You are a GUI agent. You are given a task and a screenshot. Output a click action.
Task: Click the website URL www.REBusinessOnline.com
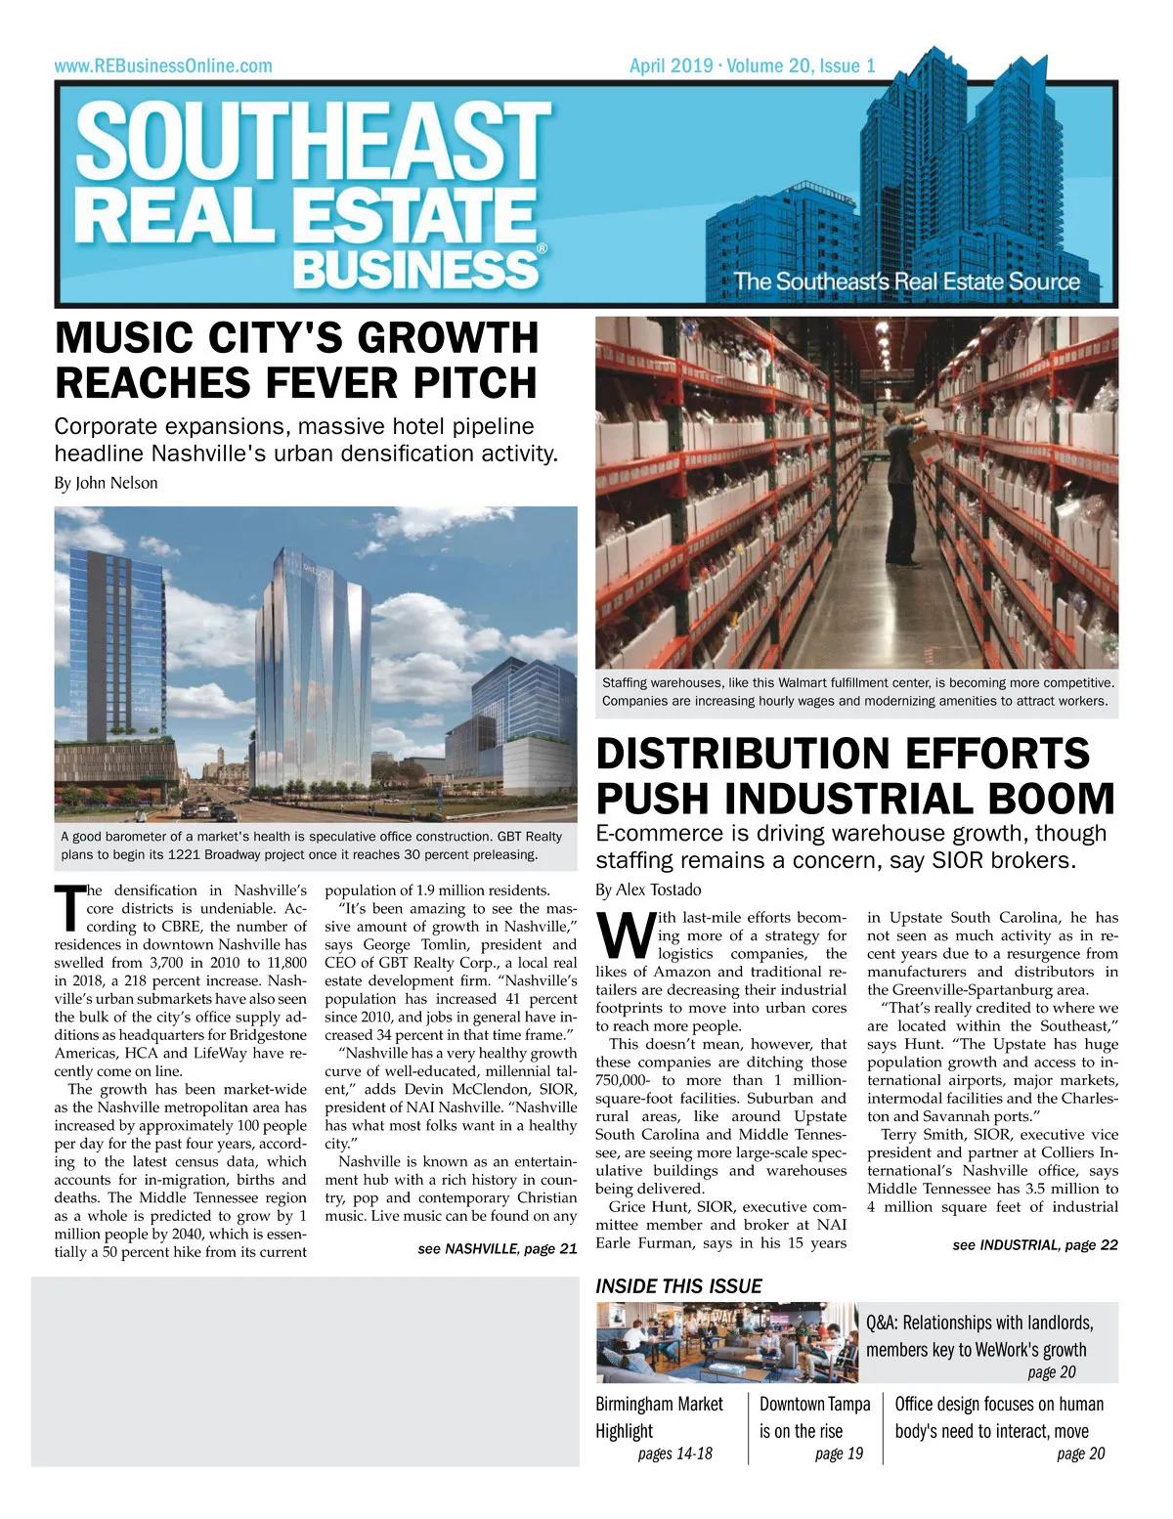163,66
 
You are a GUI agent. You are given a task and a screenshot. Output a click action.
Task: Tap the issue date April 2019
671,66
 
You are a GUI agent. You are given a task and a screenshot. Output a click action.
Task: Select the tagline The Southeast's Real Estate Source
906,282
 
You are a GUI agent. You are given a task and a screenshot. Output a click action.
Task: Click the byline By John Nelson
106,483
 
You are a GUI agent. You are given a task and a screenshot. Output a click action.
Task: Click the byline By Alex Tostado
648,890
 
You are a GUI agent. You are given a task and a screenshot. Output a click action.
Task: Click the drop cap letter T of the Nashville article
68,907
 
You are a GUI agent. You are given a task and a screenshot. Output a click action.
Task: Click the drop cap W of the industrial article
623,936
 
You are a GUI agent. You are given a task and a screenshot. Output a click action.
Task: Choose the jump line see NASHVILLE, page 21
497,1248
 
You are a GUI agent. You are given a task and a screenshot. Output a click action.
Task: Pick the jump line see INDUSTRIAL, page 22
1034,1244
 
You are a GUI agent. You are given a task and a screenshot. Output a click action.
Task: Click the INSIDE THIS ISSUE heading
678,1286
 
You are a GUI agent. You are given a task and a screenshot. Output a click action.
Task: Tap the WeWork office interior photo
726,1341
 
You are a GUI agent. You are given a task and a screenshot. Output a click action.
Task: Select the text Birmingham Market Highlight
659,1417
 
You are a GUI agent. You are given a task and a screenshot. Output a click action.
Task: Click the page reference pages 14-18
674,1454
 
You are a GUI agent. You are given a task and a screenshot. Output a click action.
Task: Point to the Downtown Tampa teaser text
814,1417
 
